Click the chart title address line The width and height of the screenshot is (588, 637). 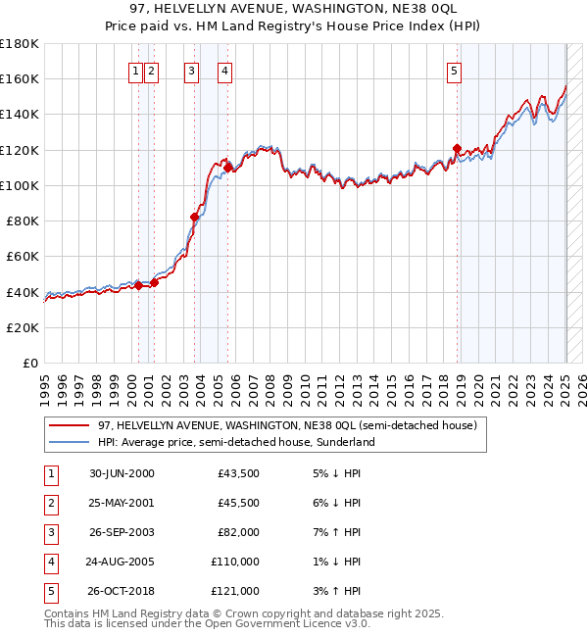click(x=293, y=9)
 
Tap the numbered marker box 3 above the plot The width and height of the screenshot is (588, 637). click(x=190, y=70)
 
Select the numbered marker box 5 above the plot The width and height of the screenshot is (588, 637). click(x=455, y=70)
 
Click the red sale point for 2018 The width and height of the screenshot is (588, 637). click(x=457, y=149)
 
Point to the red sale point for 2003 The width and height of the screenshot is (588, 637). click(x=194, y=218)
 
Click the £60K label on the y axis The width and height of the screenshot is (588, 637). click(x=23, y=256)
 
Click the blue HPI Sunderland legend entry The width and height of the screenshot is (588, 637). click(x=235, y=442)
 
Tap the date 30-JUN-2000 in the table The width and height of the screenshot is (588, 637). click(x=122, y=473)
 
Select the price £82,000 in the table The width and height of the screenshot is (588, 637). click(x=238, y=532)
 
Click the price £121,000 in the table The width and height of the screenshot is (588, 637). click(x=236, y=591)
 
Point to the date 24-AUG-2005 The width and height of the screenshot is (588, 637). click(x=121, y=562)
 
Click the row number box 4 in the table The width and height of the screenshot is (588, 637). click(x=50, y=562)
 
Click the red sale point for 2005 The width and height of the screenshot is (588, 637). click(x=227, y=168)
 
